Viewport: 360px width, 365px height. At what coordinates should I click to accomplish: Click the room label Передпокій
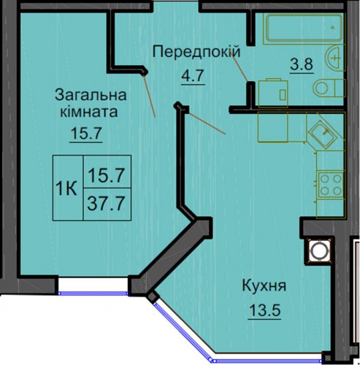point(196,52)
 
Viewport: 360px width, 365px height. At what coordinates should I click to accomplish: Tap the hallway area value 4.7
point(192,76)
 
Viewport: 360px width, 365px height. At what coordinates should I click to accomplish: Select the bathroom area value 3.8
point(302,64)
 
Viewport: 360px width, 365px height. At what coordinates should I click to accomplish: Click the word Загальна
point(91,95)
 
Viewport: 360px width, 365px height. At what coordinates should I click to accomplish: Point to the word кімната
point(89,112)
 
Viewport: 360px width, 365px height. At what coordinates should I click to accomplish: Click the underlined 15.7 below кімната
point(85,133)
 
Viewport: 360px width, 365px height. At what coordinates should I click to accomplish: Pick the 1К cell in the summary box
point(66,188)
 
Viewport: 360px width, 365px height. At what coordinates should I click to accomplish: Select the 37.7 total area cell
point(107,204)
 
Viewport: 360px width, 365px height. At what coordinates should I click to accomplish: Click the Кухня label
point(264,286)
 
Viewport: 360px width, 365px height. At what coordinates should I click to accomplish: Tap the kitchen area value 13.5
point(264,310)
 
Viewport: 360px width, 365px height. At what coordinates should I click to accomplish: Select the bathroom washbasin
point(335,58)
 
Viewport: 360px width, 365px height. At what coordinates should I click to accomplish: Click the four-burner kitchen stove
point(330,185)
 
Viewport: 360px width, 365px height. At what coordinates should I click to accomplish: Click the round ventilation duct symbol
point(318,250)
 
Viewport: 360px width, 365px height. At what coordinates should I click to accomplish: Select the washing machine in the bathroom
point(273,93)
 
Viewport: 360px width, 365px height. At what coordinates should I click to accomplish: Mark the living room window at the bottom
point(93,293)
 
